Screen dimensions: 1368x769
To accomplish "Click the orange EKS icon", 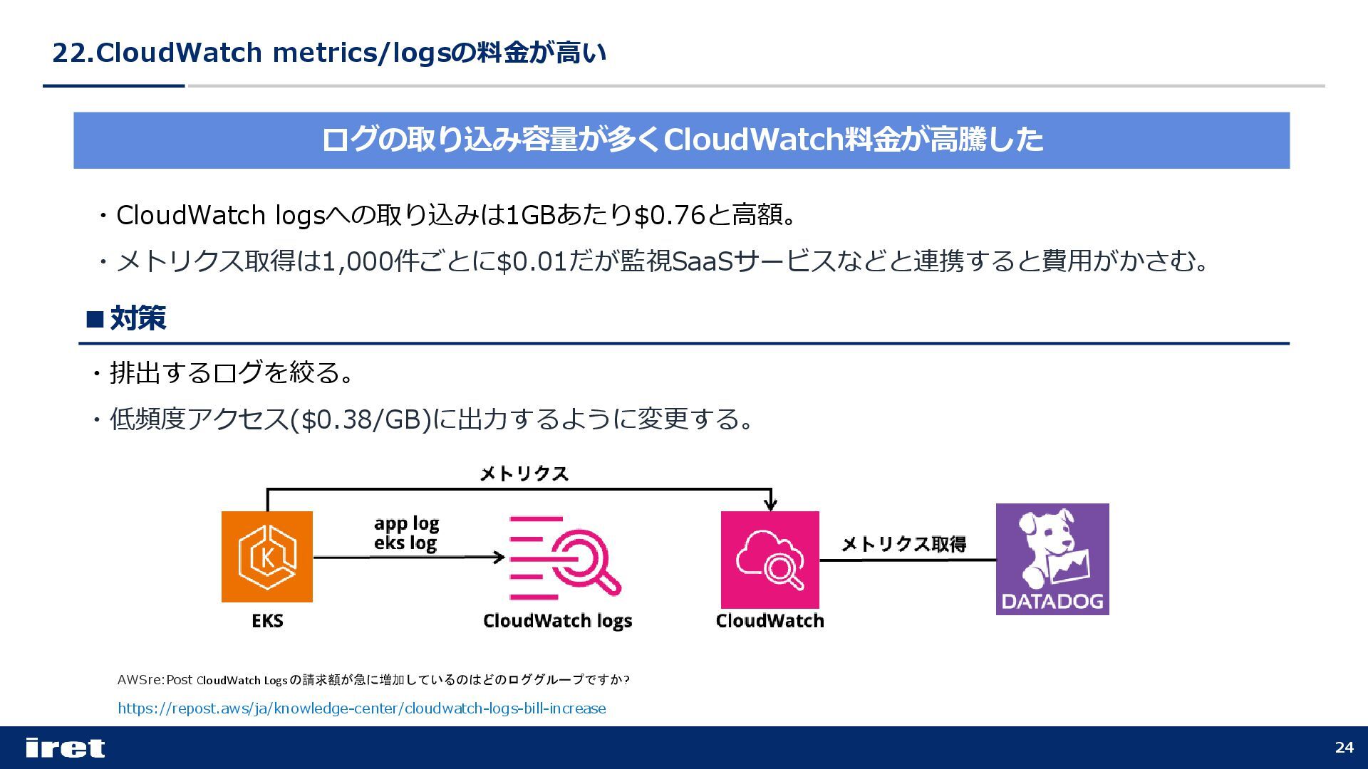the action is pyautogui.click(x=267, y=556).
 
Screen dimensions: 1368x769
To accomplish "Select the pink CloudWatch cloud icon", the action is pyautogui.click(x=769, y=559).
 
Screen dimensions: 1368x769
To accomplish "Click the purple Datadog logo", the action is pyautogui.click(x=1052, y=559).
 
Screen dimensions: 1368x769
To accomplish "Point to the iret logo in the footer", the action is pyautogui.click(x=65, y=748).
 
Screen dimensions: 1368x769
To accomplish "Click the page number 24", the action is pyautogui.click(x=1344, y=747).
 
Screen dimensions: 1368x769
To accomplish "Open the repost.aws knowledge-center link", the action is pyautogui.click(x=361, y=708).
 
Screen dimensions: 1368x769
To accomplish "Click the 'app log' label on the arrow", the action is pyautogui.click(x=406, y=523).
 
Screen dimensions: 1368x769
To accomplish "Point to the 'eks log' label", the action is pyautogui.click(x=405, y=543).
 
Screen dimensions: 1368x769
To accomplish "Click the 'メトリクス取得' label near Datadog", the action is pyautogui.click(x=903, y=544).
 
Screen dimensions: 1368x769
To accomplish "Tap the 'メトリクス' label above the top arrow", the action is pyautogui.click(x=524, y=474).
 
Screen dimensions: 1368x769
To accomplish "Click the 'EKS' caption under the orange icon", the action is pyautogui.click(x=267, y=621).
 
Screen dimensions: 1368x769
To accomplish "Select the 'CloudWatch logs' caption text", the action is pyautogui.click(x=557, y=621).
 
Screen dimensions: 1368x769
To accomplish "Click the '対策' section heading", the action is pyautogui.click(x=138, y=318).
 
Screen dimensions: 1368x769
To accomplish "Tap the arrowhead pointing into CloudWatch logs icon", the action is pyautogui.click(x=500, y=557).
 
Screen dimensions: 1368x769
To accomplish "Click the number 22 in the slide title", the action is pyautogui.click(x=68, y=53).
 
